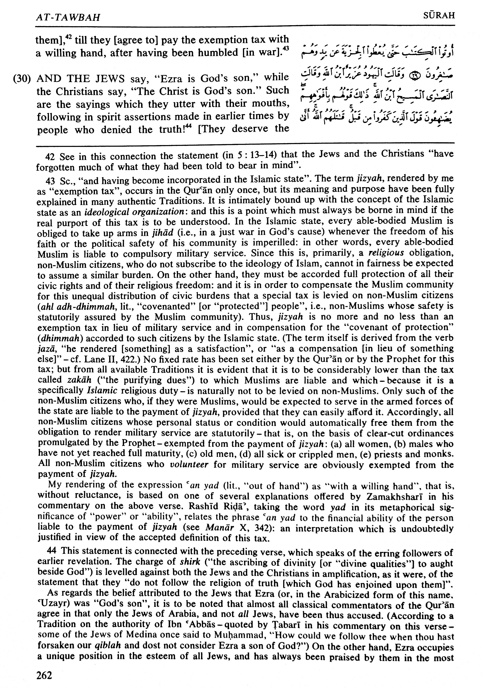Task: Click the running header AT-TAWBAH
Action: [68, 17]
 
